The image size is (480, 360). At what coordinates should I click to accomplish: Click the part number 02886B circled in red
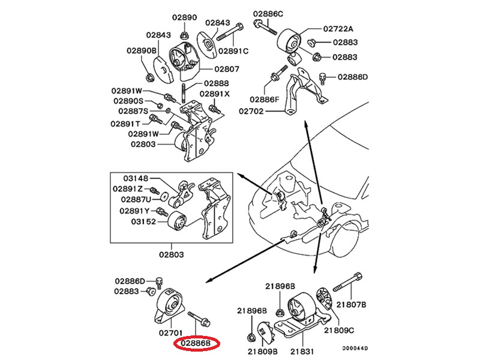pyautogui.click(x=197, y=344)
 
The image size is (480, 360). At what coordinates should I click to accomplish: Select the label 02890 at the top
pyautogui.click(x=185, y=18)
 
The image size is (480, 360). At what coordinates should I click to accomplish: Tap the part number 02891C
pyautogui.click(x=233, y=52)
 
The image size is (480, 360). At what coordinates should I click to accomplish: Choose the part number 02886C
pyautogui.click(x=268, y=13)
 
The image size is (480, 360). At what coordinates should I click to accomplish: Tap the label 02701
pyautogui.click(x=170, y=332)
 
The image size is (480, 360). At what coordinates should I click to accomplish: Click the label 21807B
pyautogui.click(x=350, y=305)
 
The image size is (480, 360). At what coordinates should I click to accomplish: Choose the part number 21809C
pyautogui.click(x=340, y=331)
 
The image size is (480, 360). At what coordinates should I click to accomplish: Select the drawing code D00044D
pyautogui.click(x=355, y=348)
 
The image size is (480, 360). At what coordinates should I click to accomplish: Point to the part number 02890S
pyautogui.click(x=127, y=101)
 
